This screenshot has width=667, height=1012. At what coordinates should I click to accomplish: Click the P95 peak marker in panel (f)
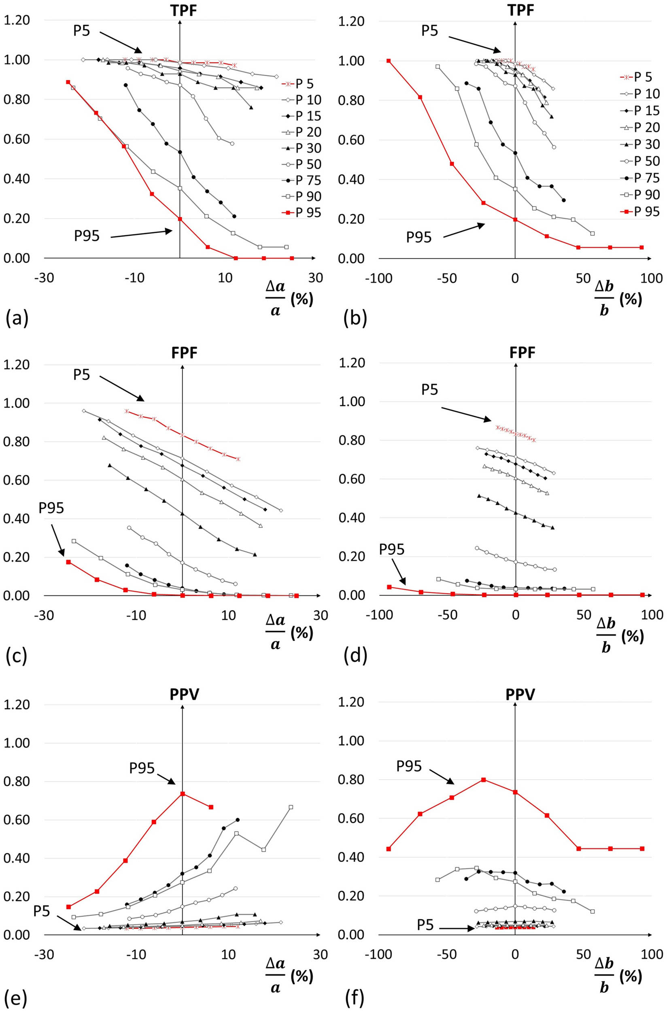483,780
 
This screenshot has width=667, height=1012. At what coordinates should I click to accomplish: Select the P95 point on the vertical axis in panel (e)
183,793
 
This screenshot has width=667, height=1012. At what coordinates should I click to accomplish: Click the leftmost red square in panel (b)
389,61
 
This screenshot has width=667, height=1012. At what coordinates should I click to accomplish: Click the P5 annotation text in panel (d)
430,389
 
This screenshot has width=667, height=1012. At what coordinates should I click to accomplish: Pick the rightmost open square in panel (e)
291,807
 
